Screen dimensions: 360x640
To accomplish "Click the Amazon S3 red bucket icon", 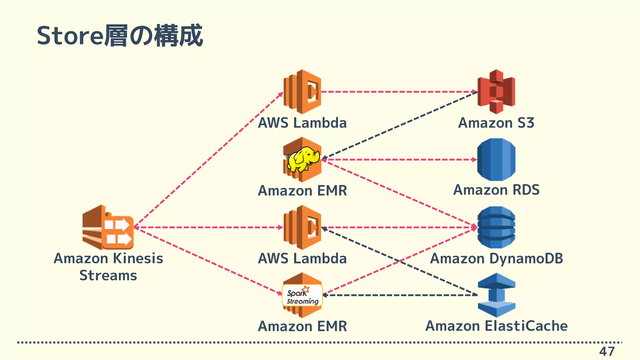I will [496, 92].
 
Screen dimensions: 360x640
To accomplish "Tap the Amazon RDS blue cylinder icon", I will [496, 159].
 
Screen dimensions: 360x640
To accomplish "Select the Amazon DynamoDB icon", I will [496, 227].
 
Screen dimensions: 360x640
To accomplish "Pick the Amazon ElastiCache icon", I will [496, 295].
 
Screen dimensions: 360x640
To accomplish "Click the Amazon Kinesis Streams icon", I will [108, 227].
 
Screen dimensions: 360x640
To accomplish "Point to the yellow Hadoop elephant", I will [302, 159].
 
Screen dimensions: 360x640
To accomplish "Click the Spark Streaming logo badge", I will [302, 295].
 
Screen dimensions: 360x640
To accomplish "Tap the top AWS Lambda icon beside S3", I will [302, 92].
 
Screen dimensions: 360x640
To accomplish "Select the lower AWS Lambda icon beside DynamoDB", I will [302, 227].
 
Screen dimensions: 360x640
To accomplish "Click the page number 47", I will [607, 352].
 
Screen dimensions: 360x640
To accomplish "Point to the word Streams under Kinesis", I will [108, 276].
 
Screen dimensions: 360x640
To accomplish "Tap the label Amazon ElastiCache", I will [496, 326].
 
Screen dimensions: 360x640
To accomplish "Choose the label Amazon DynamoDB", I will [496, 258].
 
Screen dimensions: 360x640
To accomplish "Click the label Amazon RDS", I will [496, 190].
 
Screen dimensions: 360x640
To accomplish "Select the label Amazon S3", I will [496, 122].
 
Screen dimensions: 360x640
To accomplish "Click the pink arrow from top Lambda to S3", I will [397, 92].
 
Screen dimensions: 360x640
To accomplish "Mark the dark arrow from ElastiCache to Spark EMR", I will [400, 295].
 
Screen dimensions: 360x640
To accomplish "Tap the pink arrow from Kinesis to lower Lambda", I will [208, 227].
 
